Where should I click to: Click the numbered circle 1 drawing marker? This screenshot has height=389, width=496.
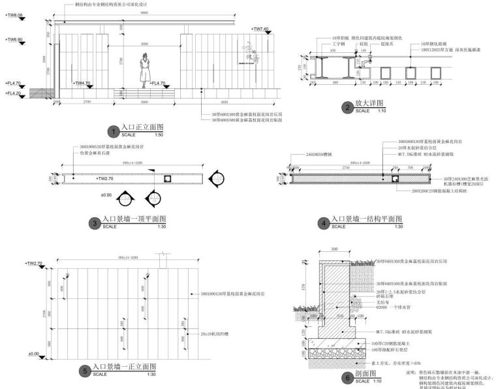[x=114, y=131]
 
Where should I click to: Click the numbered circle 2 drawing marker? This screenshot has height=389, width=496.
[x=347, y=107]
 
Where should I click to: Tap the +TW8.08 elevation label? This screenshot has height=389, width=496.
[x=14, y=14]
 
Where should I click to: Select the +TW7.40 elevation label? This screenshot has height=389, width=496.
[x=260, y=29]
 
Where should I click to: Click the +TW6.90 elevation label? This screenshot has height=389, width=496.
[x=14, y=40]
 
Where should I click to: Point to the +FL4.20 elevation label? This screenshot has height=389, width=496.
[x=14, y=93]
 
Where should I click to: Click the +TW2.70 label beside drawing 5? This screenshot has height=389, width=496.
[x=33, y=263]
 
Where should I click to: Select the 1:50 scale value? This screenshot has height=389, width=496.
[x=159, y=135]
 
